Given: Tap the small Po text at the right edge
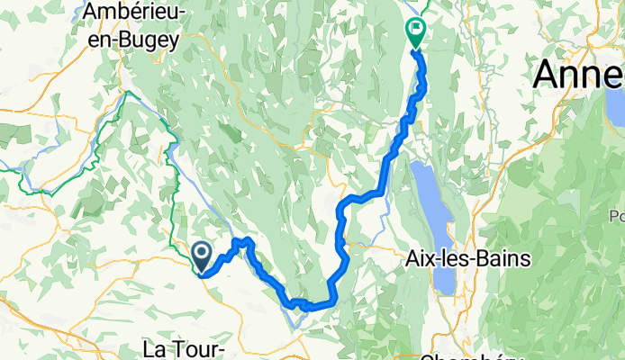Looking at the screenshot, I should click(616, 216).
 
